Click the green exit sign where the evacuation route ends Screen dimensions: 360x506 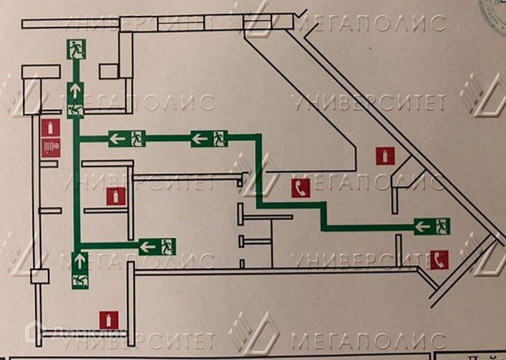[77, 48]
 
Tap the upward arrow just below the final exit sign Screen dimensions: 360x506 [76, 90]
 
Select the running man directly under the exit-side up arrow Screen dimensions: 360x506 [76, 109]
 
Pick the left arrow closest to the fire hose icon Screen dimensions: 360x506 [118, 137]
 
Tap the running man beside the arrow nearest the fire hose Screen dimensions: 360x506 [137, 137]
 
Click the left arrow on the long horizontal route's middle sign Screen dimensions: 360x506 [199, 138]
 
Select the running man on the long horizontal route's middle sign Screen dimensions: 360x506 [219, 138]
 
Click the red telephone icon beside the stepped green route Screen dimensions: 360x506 [300, 188]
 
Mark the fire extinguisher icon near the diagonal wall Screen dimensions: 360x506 [385, 156]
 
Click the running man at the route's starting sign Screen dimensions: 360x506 [441, 225]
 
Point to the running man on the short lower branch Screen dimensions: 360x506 [166, 246]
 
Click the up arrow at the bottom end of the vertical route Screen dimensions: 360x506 [80, 260]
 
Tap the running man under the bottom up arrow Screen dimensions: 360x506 [80, 279]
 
